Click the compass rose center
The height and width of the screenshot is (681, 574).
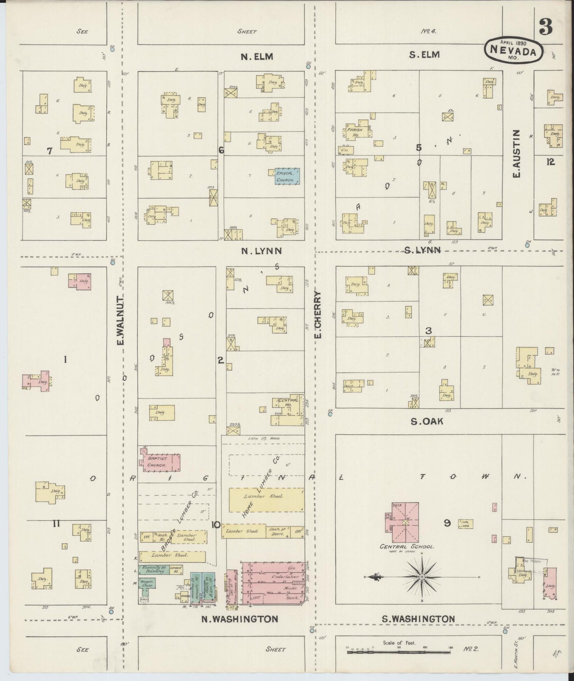click(x=421, y=577)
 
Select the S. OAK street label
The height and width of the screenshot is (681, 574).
click(x=427, y=422)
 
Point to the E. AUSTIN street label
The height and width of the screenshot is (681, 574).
click(x=516, y=153)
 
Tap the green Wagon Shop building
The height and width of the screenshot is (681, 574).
click(x=147, y=583)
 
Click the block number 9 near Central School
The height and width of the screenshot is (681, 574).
click(x=447, y=524)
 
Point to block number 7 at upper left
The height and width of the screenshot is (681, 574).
click(x=50, y=151)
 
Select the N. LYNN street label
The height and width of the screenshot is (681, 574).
click(x=261, y=251)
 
